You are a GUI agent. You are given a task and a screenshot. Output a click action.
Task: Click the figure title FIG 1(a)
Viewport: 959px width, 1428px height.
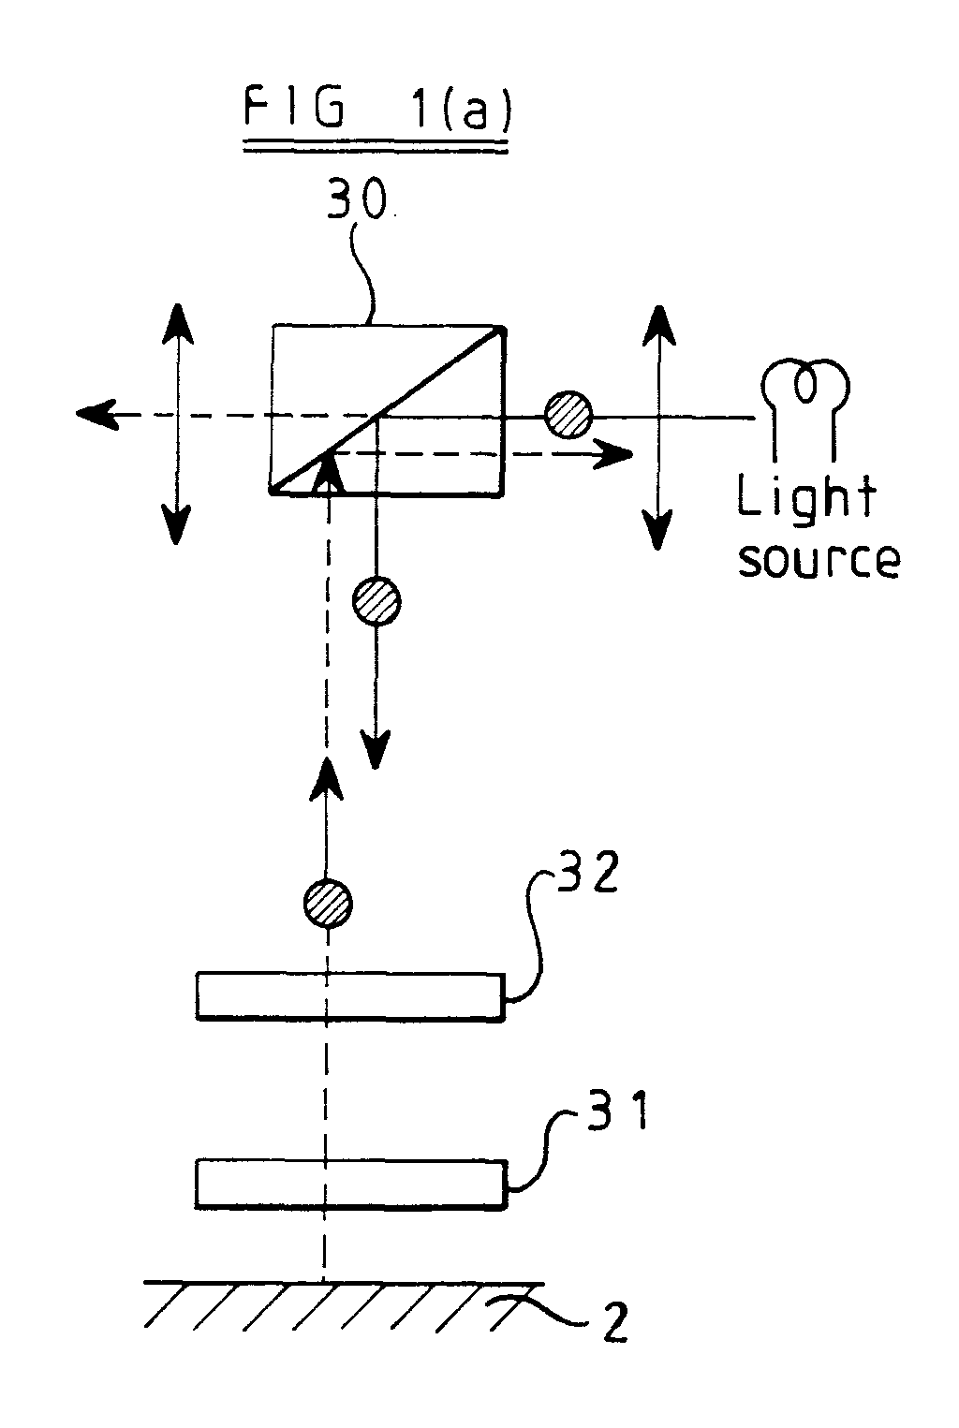coord(376,111)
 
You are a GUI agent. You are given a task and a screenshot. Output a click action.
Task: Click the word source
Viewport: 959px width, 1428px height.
coord(819,559)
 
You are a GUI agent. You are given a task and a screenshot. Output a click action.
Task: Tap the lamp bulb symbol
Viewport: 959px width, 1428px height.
coord(805,384)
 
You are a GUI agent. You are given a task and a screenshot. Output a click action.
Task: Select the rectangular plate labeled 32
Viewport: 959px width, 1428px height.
coord(349,995)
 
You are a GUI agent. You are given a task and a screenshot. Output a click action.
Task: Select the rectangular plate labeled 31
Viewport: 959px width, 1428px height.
coord(351,1183)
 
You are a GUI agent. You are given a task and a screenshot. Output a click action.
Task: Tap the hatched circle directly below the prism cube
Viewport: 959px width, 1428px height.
coord(376,601)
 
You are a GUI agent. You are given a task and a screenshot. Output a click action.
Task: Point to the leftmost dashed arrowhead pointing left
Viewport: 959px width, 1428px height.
coord(96,413)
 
